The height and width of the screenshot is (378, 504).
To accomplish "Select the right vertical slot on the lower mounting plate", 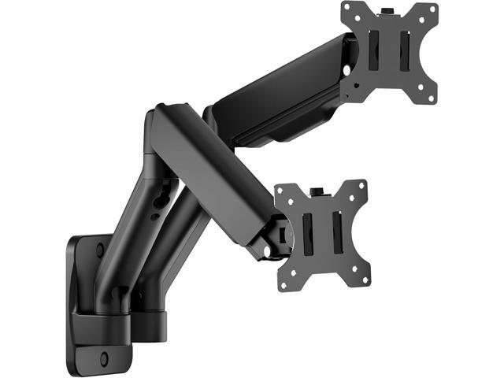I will point(338,231).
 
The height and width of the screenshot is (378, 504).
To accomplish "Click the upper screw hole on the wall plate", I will point(100,250).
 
